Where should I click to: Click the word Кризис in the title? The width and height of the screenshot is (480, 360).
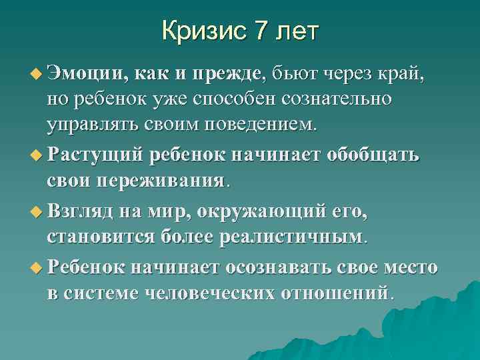[203, 31]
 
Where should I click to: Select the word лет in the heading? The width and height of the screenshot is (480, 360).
[297, 31]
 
